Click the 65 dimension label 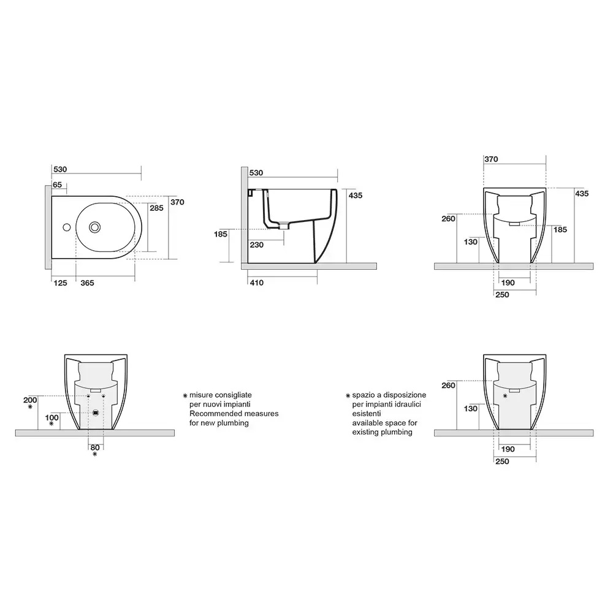pos(58,185)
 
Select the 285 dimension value pos(156,208)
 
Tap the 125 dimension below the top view pos(61,283)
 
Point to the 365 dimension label pos(87,283)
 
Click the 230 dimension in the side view pos(256,245)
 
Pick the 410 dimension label pos(256,283)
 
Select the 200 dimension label pos(30,400)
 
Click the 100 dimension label pos(51,417)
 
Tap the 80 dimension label pos(95,447)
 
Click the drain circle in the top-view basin pos(94,227)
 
